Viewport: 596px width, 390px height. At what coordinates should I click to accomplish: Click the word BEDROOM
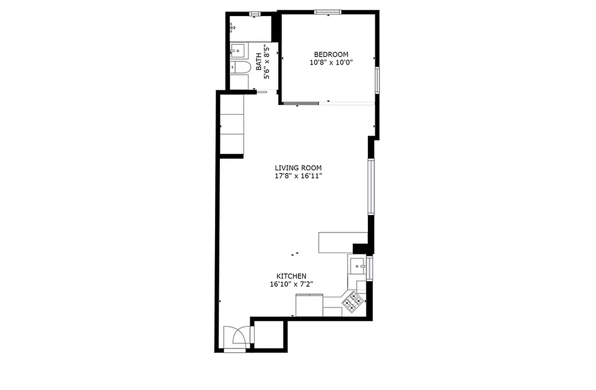click(x=331, y=55)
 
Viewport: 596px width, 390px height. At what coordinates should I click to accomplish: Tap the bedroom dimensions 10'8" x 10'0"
click(x=331, y=62)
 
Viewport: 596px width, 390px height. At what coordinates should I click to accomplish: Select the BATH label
click(x=259, y=65)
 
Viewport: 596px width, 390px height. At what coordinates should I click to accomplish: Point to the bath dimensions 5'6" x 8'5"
click(x=266, y=61)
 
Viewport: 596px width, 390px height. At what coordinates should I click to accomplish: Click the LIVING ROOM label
click(x=298, y=168)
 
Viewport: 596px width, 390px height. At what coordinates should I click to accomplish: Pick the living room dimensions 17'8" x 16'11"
click(x=298, y=176)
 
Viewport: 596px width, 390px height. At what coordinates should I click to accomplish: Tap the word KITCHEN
click(x=291, y=276)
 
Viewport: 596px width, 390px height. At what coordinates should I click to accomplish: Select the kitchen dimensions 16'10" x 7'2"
click(x=291, y=284)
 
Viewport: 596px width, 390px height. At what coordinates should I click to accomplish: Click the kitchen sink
click(x=358, y=266)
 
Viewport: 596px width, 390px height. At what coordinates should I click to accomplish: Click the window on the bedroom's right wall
click(x=377, y=80)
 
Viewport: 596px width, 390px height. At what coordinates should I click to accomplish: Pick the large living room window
click(x=371, y=186)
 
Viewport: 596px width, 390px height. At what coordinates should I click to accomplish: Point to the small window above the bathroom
click(x=255, y=13)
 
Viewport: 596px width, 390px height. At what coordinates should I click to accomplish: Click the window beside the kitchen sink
click(x=369, y=268)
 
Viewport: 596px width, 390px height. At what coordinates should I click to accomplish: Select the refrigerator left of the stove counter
click(x=309, y=306)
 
